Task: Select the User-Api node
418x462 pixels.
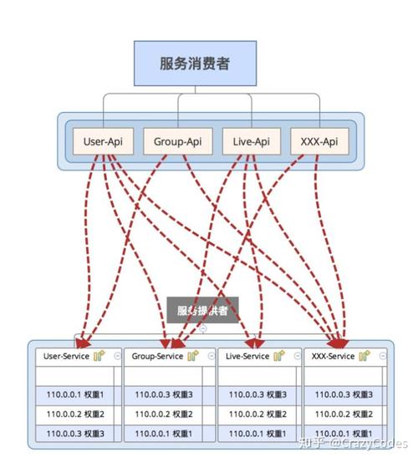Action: click(103, 141)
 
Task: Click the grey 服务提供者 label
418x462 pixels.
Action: click(201, 311)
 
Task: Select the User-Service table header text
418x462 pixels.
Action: click(66, 357)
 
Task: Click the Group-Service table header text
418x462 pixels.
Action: click(157, 357)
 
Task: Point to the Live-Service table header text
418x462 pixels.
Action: click(247, 357)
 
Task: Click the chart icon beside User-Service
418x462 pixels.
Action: click(99, 356)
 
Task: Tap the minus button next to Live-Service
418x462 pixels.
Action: click(294, 356)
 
